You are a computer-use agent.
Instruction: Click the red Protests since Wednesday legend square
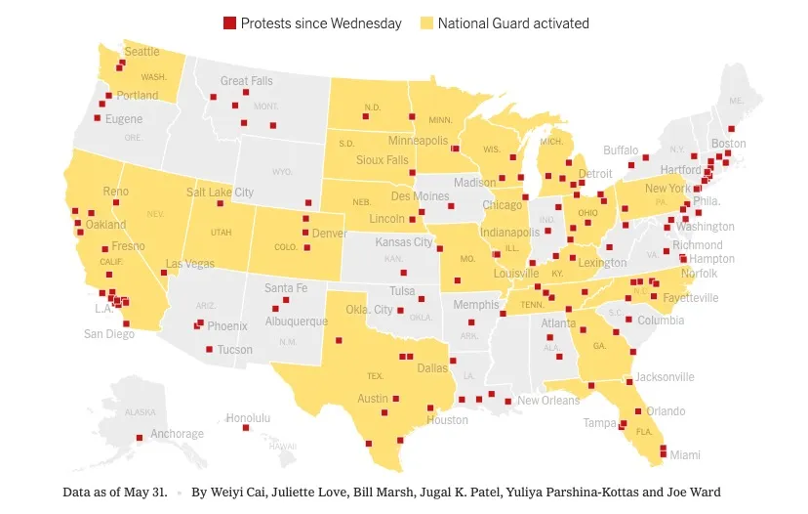230,23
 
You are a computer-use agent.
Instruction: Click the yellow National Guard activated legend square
426,23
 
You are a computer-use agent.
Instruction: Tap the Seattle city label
141,52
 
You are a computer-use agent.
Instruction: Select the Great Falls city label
248,81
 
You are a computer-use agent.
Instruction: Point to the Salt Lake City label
220,193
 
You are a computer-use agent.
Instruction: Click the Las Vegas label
189,264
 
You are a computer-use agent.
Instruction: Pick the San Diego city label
108,334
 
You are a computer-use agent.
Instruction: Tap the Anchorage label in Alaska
178,434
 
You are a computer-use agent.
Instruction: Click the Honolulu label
248,418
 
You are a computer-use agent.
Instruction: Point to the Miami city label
685,455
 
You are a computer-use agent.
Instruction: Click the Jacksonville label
665,377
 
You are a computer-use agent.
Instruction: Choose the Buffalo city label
621,150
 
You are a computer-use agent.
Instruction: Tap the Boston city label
728,144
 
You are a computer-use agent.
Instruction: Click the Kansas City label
404,242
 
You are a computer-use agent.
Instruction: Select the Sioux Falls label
383,160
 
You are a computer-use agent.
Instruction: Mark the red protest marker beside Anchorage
140,437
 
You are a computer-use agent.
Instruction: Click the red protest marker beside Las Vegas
164,272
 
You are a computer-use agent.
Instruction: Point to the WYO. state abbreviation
282,172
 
